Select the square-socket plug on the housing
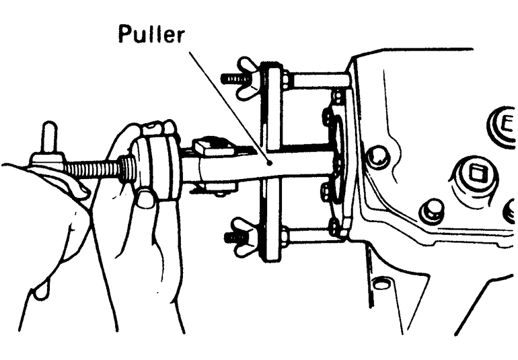(x=477, y=176)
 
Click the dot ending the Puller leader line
(x=270, y=161)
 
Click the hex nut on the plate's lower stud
(x=285, y=236)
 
